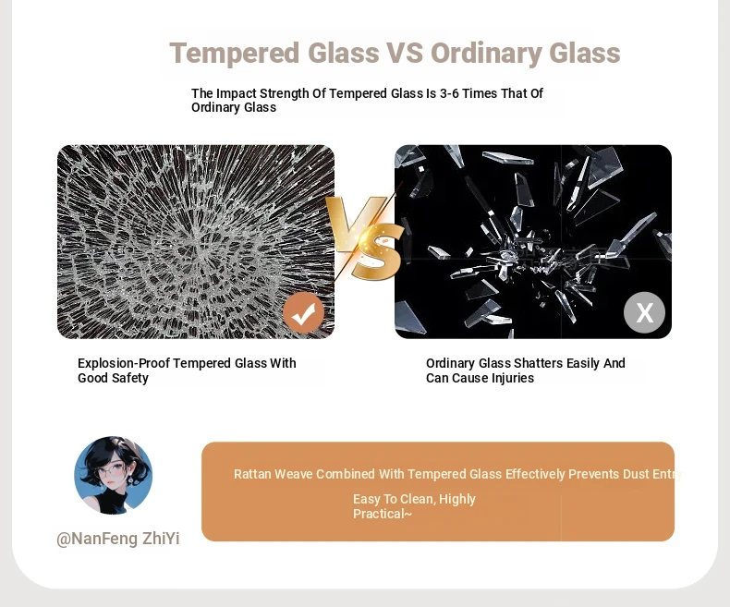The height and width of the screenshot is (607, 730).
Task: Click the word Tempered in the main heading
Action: tap(235, 54)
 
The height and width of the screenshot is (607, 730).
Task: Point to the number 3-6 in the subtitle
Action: tap(449, 93)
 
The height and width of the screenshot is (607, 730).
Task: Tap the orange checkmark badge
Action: tap(303, 313)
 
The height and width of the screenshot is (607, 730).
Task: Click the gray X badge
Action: tap(644, 312)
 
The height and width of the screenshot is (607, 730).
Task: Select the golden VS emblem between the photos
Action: tap(364, 237)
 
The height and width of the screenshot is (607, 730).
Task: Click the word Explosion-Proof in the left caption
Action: tap(124, 363)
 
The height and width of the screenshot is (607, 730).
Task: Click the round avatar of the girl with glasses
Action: tap(113, 475)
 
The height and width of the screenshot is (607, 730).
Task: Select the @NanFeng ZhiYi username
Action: tap(117, 539)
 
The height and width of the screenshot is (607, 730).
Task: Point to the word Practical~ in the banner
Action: tap(383, 514)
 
